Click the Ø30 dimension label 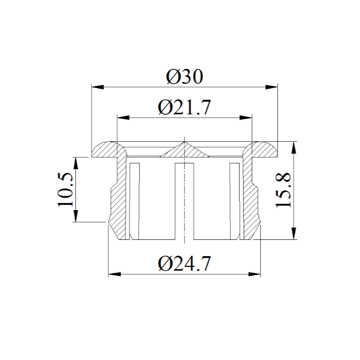[x=184, y=76]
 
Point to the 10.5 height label [x=65, y=190]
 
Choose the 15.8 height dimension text [x=283, y=190]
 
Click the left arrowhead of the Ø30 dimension [x=98, y=87]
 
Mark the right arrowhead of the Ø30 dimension [x=271, y=87]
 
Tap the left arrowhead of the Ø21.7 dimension [x=123, y=118]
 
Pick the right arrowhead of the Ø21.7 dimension [x=246, y=118]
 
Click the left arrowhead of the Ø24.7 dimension [x=114, y=274]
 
